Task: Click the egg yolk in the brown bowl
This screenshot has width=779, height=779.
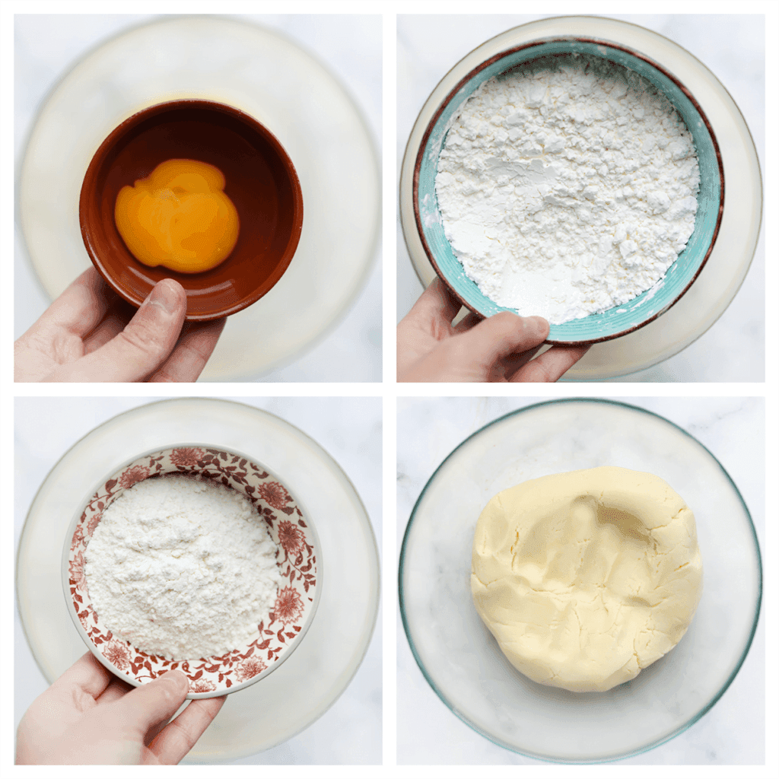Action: click(176, 215)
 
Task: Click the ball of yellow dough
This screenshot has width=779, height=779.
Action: click(586, 578)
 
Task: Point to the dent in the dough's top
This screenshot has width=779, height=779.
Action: click(601, 525)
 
